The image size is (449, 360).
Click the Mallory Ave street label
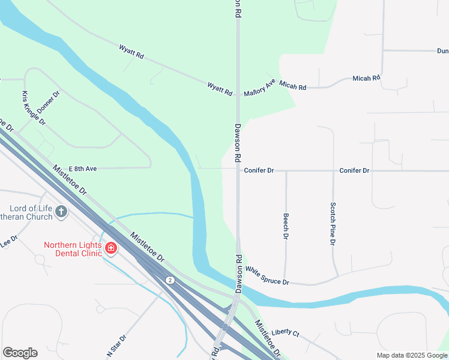coord(259,88)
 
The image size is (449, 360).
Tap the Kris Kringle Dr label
coord(34,108)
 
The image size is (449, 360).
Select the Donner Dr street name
coord(49,101)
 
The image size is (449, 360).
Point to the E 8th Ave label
coord(83,169)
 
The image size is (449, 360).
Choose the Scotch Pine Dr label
coord(332,223)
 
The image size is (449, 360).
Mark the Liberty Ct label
coord(285,332)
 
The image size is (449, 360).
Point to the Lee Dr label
coord(10,241)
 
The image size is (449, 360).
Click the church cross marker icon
coord(61,211)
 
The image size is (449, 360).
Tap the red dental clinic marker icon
coord(110,248)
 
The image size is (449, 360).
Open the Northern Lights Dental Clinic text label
coord(73,250)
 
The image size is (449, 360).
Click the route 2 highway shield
coord(170,280)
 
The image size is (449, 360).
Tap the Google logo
coord(20,353)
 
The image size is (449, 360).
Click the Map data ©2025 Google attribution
coord(412,355)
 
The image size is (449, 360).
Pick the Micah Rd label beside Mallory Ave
coord(293,87)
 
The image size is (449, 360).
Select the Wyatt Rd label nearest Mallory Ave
coord(220,89)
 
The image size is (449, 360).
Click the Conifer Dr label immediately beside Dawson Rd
coord(259,170)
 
